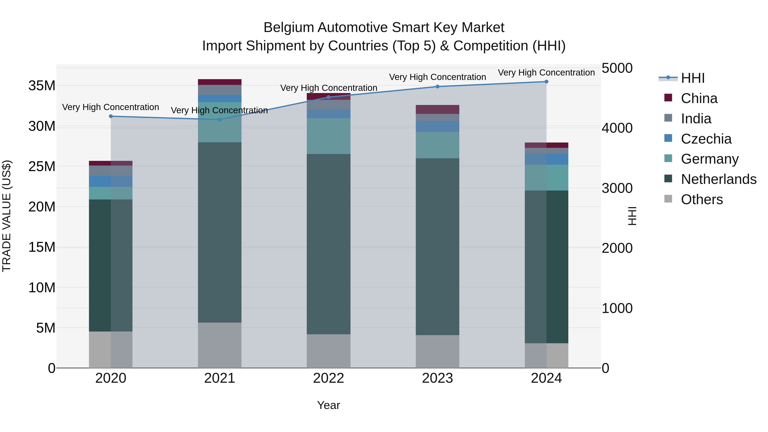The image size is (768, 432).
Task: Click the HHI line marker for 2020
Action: click(x=111, y=116)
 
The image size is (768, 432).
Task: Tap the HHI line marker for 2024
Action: click(x=546, y=82)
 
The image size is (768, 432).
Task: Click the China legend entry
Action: click(x=699, y=98)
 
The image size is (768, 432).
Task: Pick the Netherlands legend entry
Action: click(x=719, y=179)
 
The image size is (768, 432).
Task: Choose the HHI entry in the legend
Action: click(x=692, y=78)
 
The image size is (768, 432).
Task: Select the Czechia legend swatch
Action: click(x=668, y=138)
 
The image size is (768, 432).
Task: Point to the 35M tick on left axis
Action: click(x=42, y=86)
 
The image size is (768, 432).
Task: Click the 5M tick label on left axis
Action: click(x=46, y=328)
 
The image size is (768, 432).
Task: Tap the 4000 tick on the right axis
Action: click(x=617, y=128)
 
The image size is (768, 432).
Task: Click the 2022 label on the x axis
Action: click(x=329, y=378)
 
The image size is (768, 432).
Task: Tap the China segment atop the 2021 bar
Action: click(x=220, y=82)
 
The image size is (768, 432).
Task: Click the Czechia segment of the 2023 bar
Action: click(x=437, y=127)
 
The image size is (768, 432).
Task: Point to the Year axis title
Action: click(x=329, y=405)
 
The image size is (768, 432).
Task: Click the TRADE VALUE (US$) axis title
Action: click(x=7, y=216)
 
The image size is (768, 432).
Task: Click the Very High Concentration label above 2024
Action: click(x=546, y=73)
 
